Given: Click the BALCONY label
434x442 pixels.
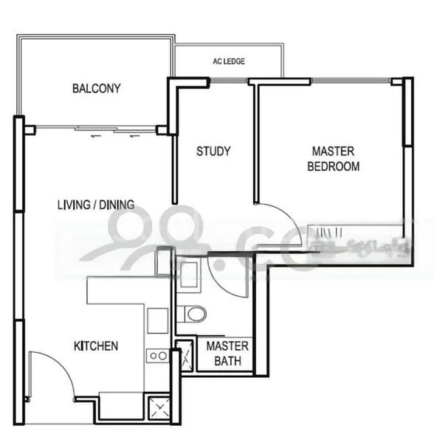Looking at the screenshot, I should pos(96,88).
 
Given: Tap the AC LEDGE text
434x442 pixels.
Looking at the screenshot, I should pos(229,61).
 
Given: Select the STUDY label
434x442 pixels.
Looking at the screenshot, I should pos(213,152).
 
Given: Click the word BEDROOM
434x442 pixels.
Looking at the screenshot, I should pos(333,167).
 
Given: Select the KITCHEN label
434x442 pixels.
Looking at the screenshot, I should pos(96,345).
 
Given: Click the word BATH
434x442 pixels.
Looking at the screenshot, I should pos(227,361).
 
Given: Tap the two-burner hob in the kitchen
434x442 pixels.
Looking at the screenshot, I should pos(158,355).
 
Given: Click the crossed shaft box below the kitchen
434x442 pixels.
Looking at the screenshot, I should pos(158,407).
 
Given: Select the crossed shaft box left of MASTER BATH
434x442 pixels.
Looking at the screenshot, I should pos(185,355).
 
